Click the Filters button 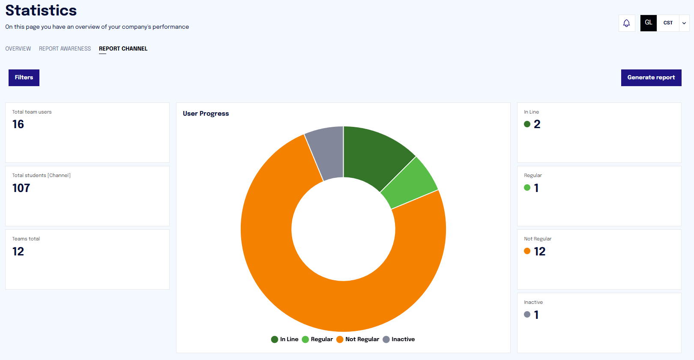click(24, 78)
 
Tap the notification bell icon click(626, 23)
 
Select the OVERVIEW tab click(18, 49)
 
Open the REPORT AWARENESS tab click(65, 49)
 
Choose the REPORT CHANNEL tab click(123, 49)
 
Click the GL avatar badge click(649, 23)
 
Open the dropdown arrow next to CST click(684, 23)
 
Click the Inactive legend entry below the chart click(399, 339)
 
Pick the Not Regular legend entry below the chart click(358, 339)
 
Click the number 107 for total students click(21, 188)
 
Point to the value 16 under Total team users click(18, 124)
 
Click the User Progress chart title click(206, 114)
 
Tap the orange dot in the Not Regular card click(527, 251)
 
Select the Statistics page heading click(41, 11)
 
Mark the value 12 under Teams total click(18, 252)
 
